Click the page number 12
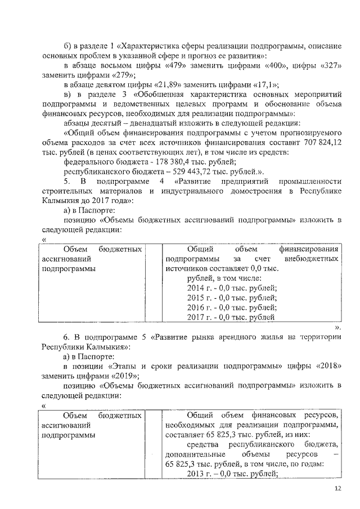[337, 489]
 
